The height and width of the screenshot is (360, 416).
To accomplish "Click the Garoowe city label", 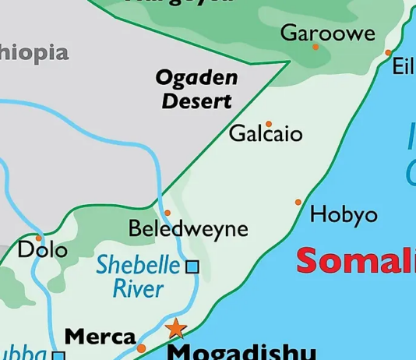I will point(327,33).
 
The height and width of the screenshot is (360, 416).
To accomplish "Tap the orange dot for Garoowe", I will point(316,47).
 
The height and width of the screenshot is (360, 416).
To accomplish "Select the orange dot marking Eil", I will point(389,53).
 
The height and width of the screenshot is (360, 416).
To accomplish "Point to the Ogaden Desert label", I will point(195,89).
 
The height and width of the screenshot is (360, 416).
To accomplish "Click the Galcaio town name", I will point(266,135).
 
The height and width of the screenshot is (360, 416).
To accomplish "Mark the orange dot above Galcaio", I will point(269,123).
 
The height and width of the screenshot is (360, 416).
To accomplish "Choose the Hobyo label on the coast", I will point(344,214).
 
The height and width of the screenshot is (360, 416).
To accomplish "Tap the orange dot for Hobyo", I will point(298,203).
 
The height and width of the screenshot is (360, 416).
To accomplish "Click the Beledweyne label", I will point(188,229).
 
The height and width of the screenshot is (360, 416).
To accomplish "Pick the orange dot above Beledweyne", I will point(167,213).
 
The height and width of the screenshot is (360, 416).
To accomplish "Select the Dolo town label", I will point(42,251).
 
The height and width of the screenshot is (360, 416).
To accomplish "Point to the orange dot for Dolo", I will point(38,238).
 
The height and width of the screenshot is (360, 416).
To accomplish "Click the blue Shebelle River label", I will point(138,276).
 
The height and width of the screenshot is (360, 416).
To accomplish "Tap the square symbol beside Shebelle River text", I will point(192,266).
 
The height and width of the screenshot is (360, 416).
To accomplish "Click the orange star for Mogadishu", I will point(176,328).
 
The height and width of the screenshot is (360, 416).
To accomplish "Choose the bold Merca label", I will point(100,337).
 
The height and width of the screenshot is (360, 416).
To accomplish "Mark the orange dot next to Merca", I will point(142,348).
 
